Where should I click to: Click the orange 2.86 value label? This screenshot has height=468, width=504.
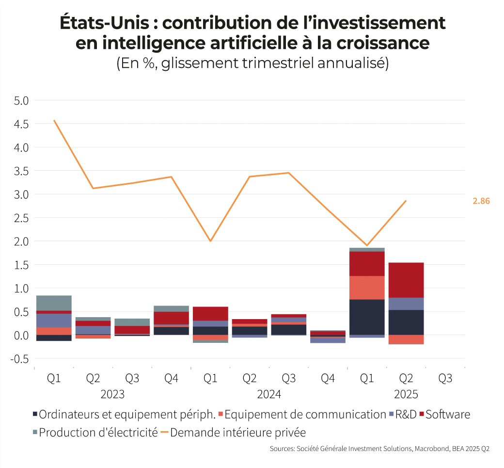[x=481, y=201]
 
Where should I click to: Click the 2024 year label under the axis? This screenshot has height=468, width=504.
[x=269, y=394]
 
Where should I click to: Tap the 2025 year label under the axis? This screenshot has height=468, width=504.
[x=406, y=394]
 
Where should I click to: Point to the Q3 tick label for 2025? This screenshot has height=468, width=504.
[x=445, y=378]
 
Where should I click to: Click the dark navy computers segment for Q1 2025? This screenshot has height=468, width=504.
[x=367, y=317]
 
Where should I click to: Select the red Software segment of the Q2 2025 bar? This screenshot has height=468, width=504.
[x=406, y=280]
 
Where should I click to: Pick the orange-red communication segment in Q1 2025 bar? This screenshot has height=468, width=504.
[x=367, y=288]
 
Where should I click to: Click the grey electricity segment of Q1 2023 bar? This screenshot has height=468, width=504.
[x=54, y=303]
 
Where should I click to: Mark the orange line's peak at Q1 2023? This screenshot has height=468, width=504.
[x=54, y=120]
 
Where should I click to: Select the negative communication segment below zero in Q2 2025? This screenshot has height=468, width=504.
[x=406, y=339]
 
